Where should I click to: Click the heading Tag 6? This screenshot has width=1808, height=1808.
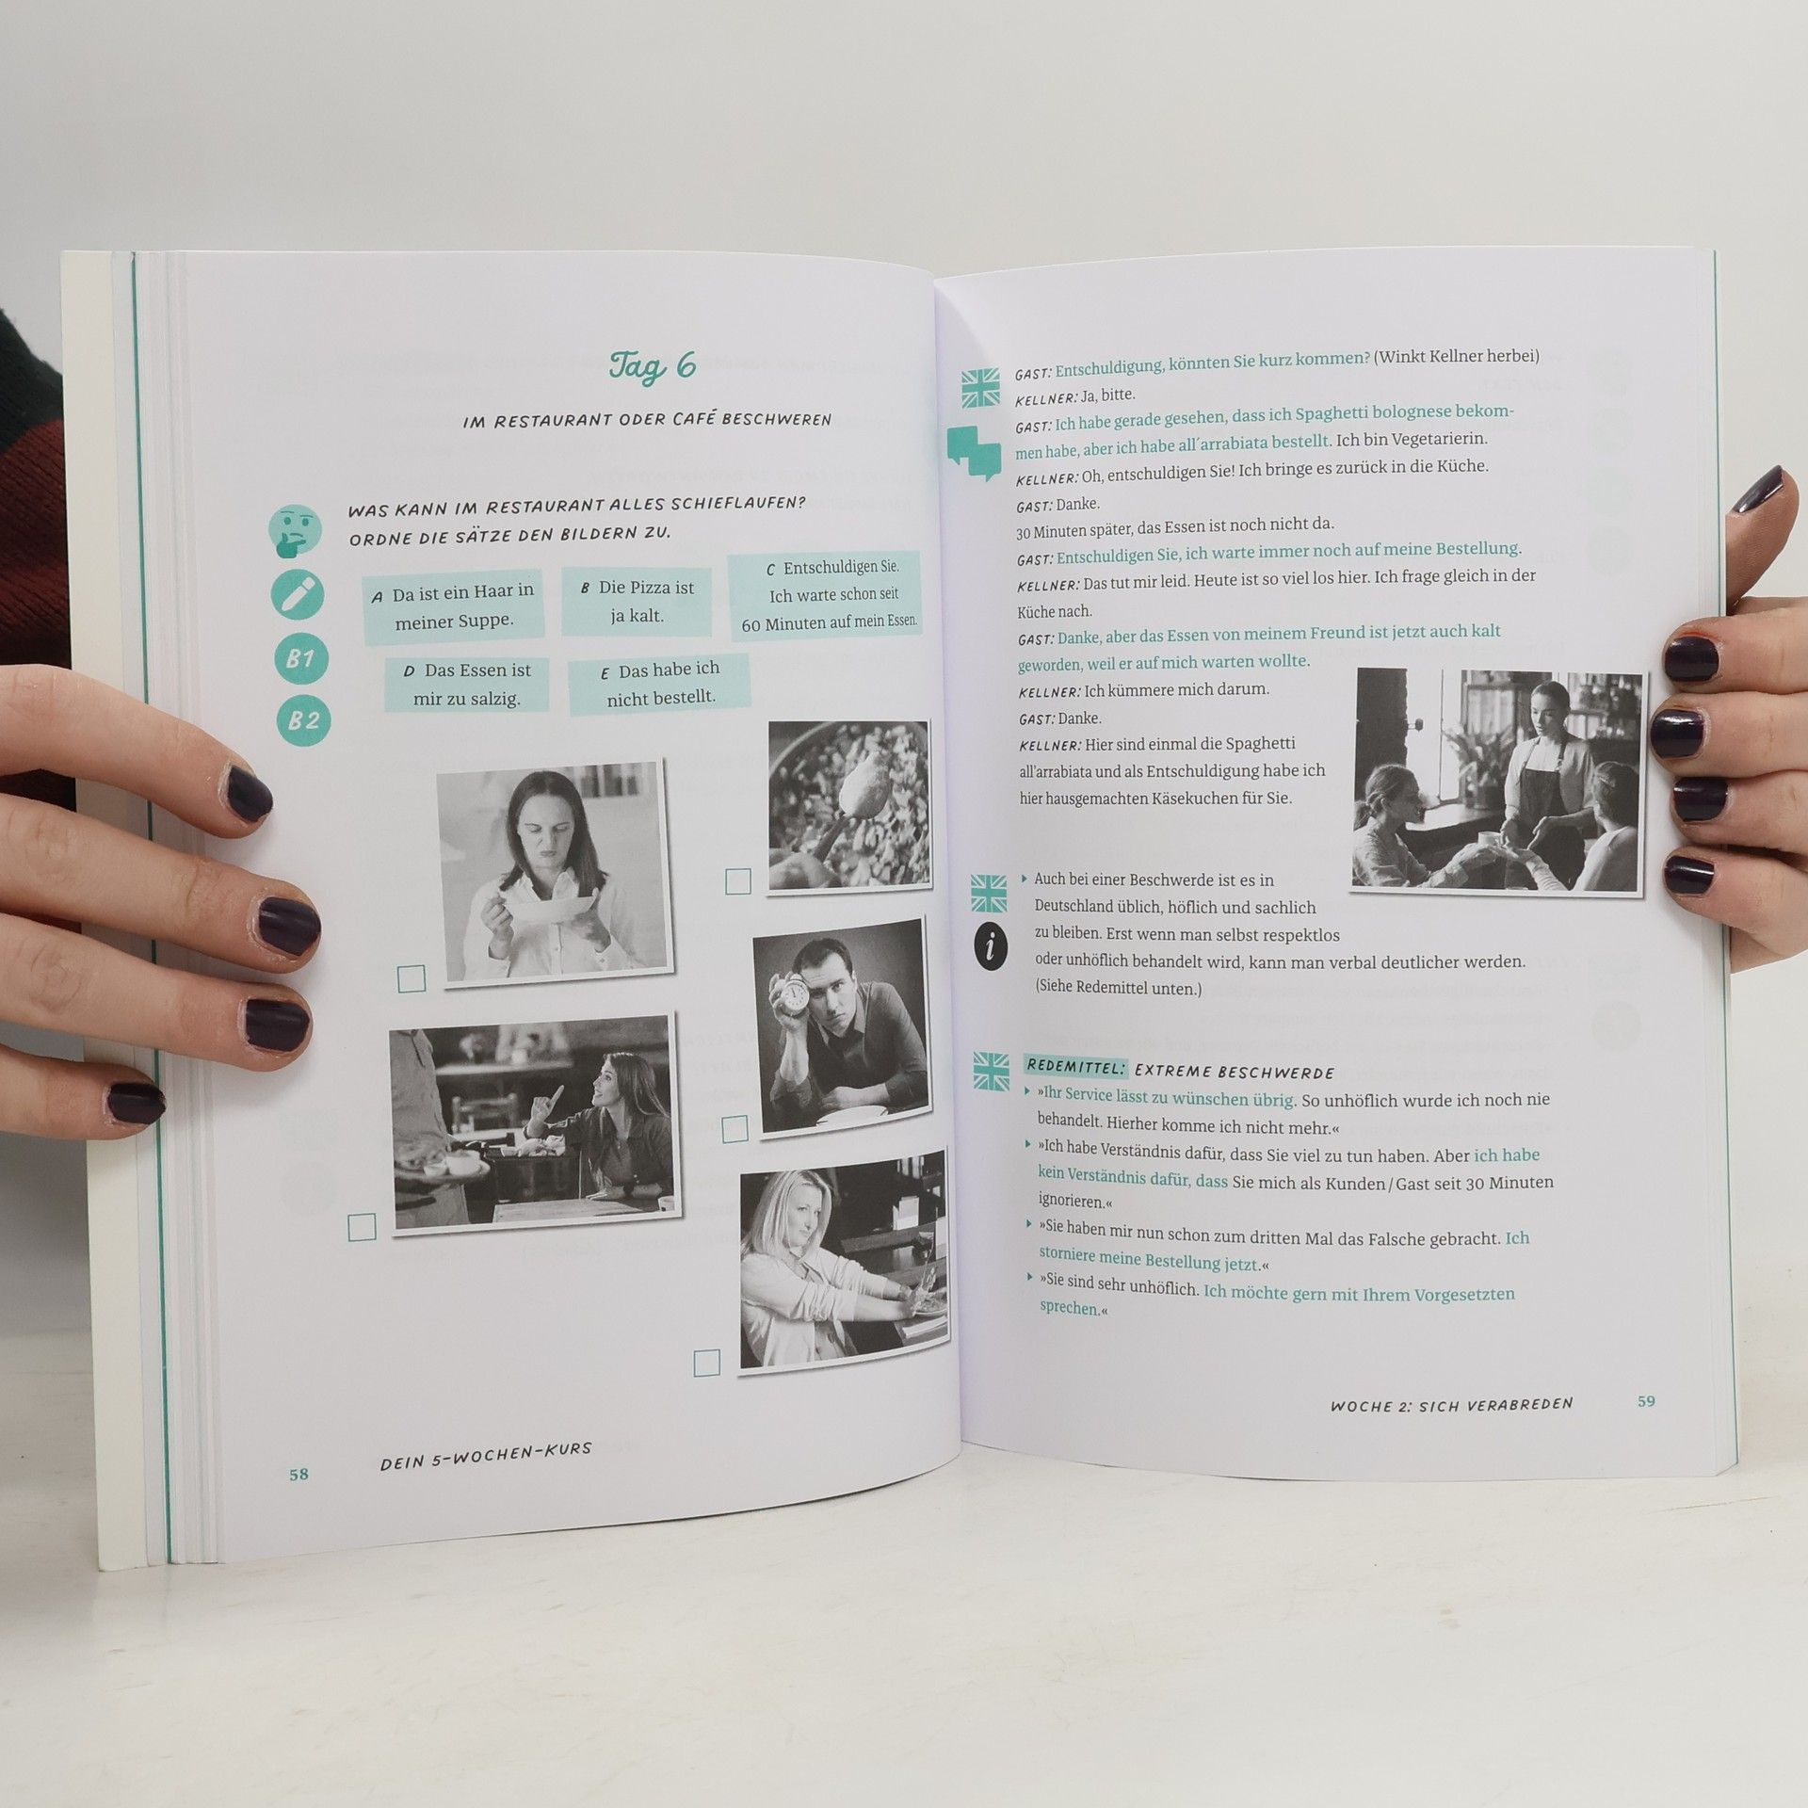(652, 365)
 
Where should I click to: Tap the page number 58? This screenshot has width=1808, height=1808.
(299, 1474)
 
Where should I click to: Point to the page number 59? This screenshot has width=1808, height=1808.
(1646, 1400)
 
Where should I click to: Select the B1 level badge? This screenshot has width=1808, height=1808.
(300, 658)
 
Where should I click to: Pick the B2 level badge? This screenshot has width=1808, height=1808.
(304, 721)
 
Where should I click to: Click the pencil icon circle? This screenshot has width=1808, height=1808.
(298, 595)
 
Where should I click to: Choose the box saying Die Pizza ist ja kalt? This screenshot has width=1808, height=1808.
(636, 601)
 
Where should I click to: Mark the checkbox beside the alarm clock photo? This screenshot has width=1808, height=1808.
(734, 1128)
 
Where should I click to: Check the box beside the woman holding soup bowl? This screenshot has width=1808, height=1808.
(412, 978)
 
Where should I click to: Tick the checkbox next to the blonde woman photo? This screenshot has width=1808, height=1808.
(706, 1362)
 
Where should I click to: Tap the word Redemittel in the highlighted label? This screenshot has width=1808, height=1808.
(1076, 1067)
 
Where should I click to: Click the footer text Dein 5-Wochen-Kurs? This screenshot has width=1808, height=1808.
(486, 1457)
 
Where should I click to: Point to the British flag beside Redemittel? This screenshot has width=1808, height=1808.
(991, 1072)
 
